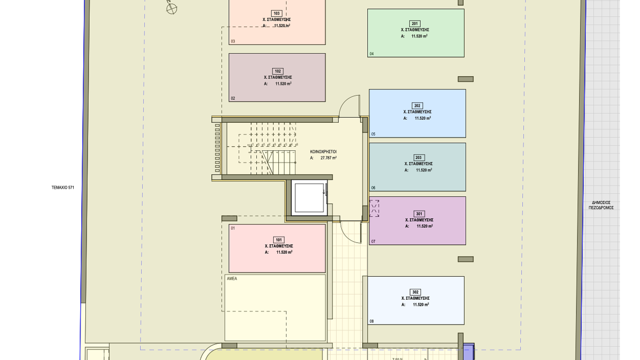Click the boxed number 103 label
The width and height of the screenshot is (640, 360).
pos(277,13)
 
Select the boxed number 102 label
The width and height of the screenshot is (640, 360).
pos(278,71)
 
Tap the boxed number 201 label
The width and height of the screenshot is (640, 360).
pos(415,24)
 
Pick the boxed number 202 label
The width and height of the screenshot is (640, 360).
pos(417,106)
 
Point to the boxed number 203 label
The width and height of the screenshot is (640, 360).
pos(418,158)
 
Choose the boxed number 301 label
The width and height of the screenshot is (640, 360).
pos(419,214)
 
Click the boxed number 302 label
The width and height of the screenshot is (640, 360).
pos(415,292)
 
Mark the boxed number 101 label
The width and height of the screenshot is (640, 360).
pos(279,240)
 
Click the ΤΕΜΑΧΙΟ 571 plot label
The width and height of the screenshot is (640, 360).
pos(63,188)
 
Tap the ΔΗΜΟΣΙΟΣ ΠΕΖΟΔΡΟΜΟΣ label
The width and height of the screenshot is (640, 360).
pos(601,205)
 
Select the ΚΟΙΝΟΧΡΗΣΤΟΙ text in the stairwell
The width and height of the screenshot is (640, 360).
pos(323,152)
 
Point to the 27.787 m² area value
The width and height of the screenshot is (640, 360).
pos(328,158)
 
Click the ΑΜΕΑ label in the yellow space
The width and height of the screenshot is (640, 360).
pos(232,279)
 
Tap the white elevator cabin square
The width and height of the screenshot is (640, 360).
pos(309,198)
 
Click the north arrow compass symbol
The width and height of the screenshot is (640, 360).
pos(172,8)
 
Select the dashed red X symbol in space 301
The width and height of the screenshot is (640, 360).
pos(374,208)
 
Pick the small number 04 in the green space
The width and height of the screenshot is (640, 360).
pos(372,54)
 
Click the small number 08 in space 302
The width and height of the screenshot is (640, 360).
pos(372,321)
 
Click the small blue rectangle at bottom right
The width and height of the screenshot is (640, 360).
pos(469,352)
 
